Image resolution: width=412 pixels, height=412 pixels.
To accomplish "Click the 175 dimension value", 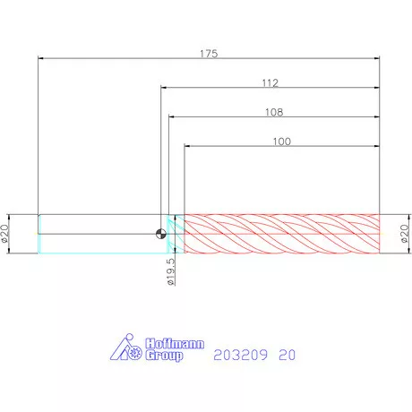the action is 209,54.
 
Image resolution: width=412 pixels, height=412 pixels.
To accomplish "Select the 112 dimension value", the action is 270,82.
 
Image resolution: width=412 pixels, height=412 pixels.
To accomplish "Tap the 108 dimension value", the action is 274,112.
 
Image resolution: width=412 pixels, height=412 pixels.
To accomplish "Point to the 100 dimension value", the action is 282,142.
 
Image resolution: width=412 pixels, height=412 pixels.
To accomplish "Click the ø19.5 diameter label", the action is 171,271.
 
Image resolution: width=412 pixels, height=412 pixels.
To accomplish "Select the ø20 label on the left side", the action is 4,234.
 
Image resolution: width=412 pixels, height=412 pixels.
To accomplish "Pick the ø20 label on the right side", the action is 405,234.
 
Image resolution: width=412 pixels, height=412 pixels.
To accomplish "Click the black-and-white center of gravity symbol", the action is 161,234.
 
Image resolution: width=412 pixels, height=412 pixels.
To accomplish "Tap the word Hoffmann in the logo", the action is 175,344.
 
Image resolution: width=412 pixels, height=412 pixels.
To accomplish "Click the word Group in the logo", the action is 164,356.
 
